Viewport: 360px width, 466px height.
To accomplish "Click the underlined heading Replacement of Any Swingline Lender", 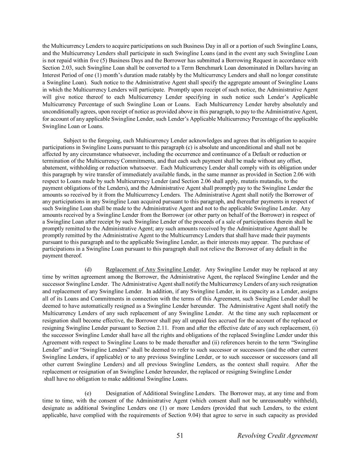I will [153, 269].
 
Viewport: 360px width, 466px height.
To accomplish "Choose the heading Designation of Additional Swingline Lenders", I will [160, 393].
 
